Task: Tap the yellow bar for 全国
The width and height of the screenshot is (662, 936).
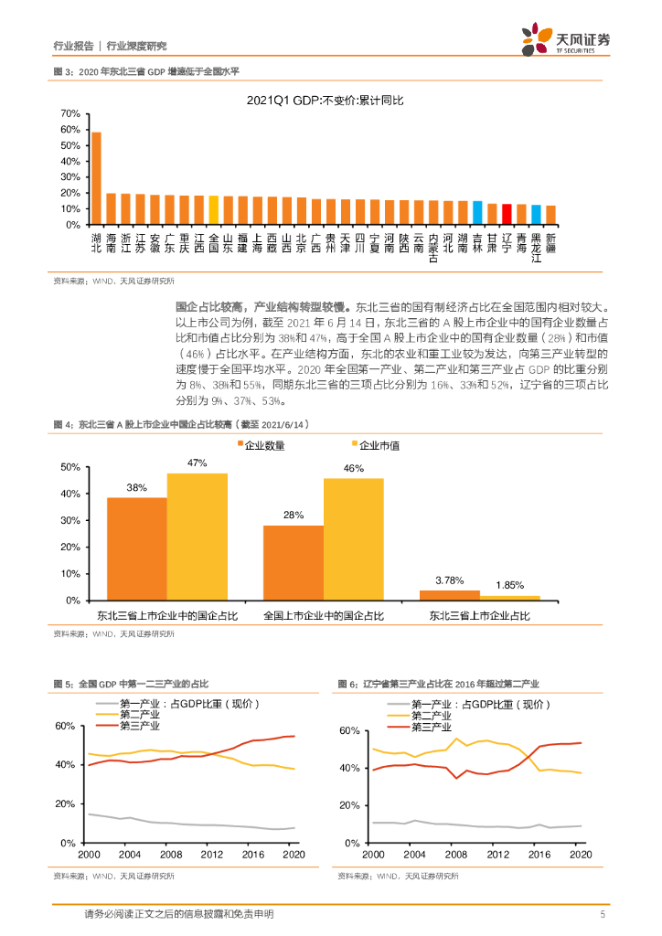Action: pyautogui.click(x=213, y=210)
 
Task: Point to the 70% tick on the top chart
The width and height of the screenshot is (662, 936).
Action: pyautogui.click(x=70, y=113)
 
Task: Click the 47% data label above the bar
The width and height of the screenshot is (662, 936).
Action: pyautogui.click(x=197, y=463)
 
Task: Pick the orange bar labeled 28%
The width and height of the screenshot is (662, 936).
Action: pyautogui.click(x=293, y=562)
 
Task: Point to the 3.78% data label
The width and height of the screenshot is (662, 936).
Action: pyautogui.click(x=450, y=580)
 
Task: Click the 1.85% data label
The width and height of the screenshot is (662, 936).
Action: pyautogui.click(x=509, y=585)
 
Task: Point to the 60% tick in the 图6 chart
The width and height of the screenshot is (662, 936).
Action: pyautogui.click(x=352, y=730)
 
